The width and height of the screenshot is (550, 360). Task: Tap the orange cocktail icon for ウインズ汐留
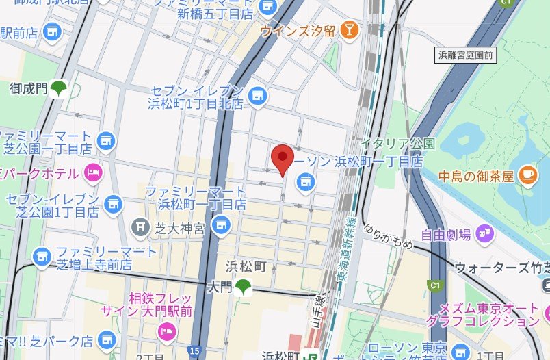350,29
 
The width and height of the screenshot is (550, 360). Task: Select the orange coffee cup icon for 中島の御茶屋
526,175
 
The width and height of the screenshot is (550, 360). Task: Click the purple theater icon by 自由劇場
486,234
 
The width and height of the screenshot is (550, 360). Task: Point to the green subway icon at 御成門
60,88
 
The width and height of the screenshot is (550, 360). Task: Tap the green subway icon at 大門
242,286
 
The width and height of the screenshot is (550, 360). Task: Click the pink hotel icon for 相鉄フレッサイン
166,332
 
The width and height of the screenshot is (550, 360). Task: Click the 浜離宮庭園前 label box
465,55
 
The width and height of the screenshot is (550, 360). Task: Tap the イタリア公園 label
397,144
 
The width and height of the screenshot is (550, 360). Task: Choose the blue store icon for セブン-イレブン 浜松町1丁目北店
257,97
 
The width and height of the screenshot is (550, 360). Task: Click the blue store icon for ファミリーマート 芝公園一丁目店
105,140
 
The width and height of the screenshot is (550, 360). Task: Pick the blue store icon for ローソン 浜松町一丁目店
305,181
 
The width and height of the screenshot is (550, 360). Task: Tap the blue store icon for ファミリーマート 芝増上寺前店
43,257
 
